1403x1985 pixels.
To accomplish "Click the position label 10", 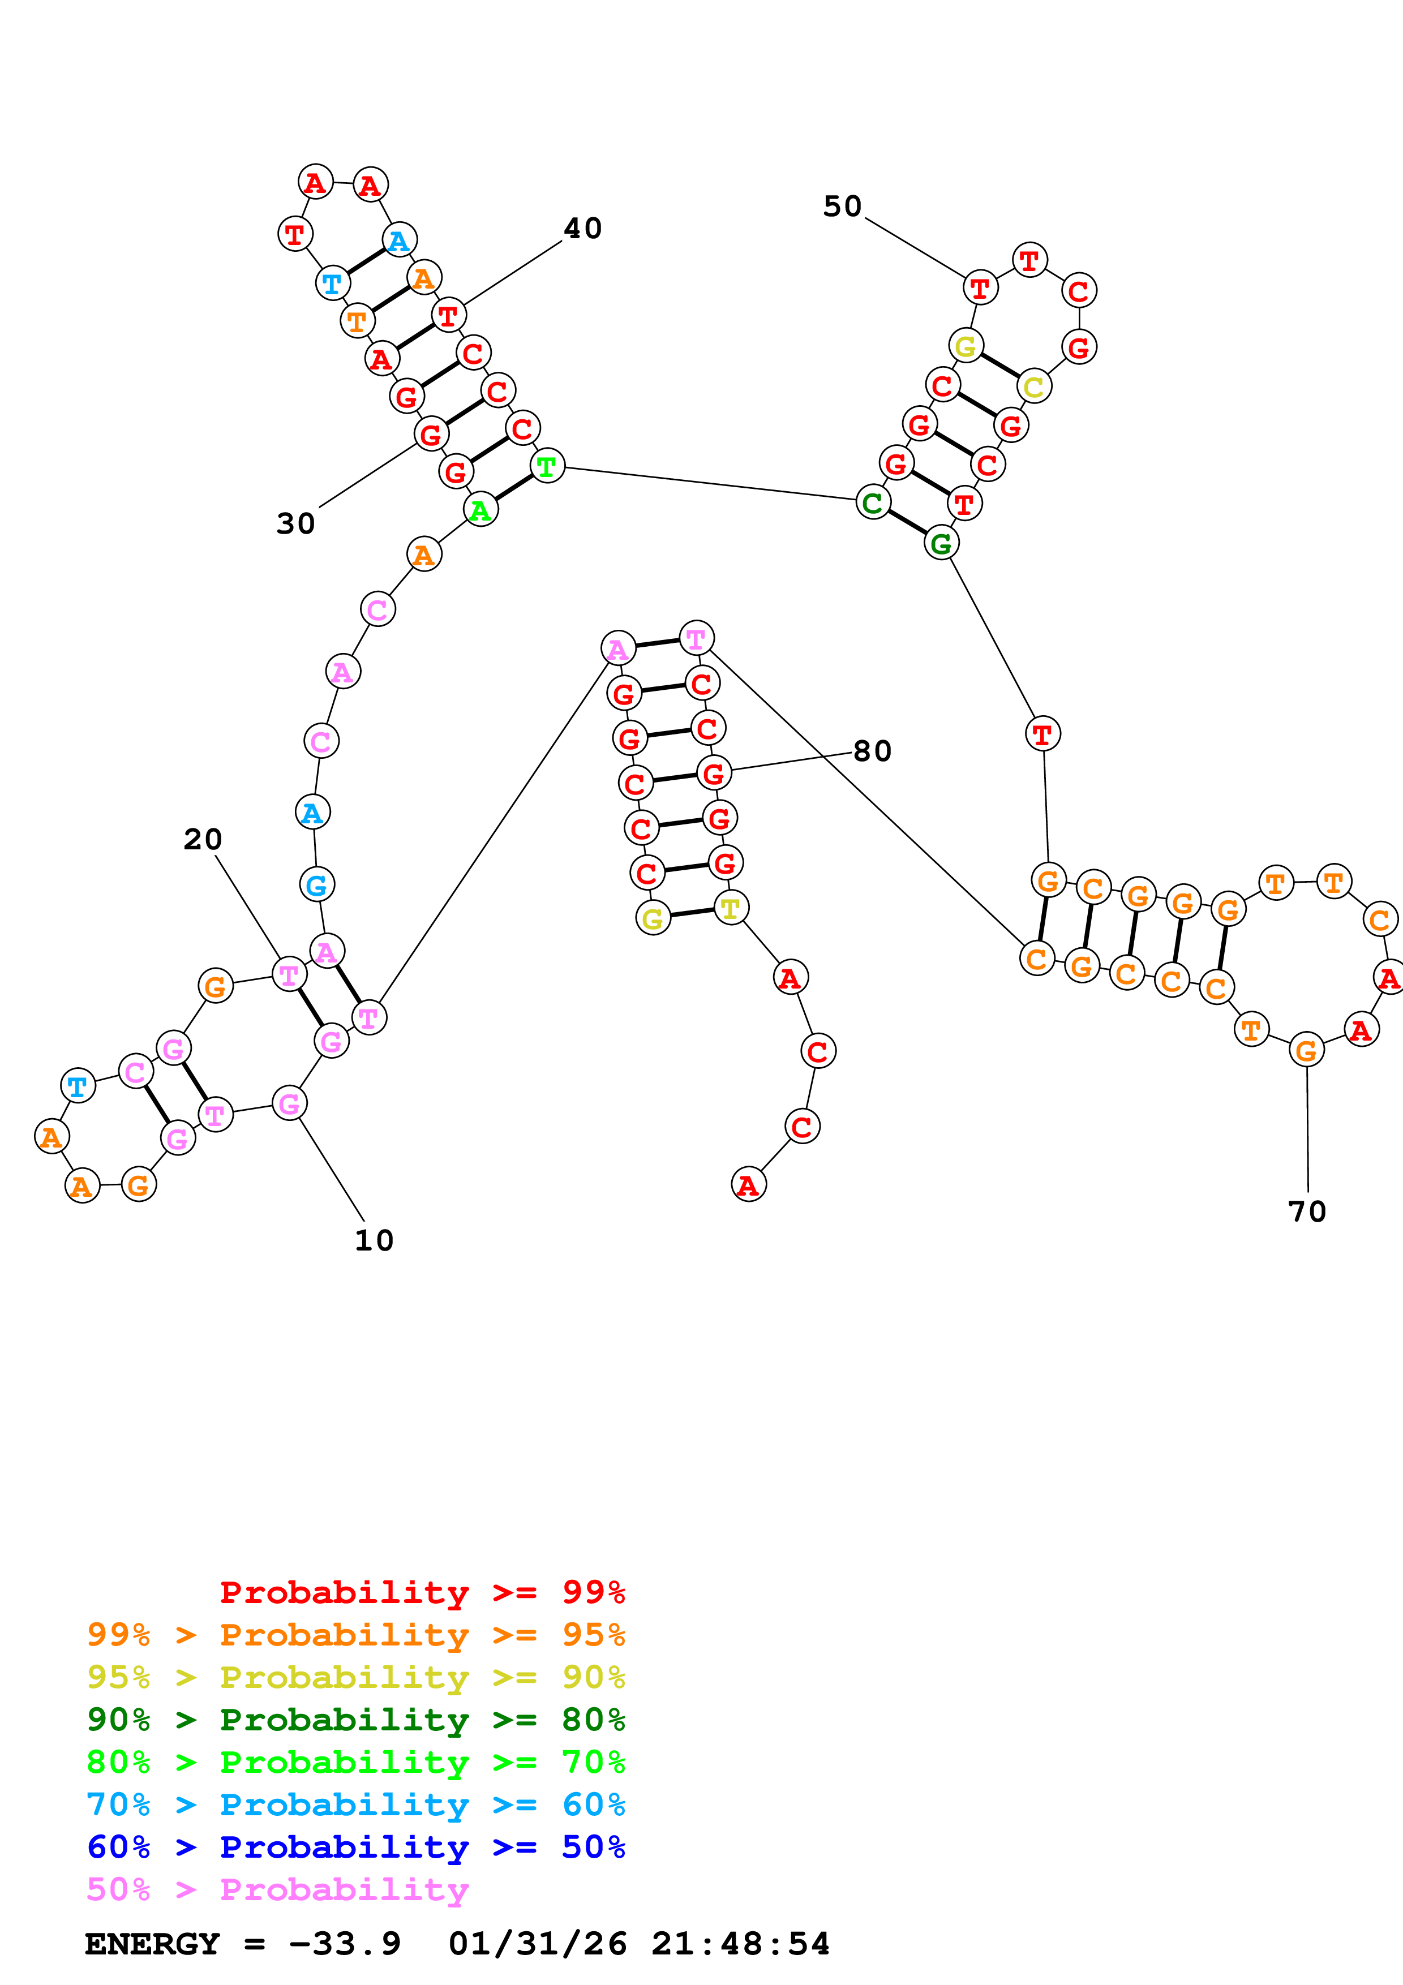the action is pos(374,1240).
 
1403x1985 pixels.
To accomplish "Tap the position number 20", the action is pos(202,840).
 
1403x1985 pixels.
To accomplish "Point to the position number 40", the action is pos(582,228).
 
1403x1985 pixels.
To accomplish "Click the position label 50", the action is pos(842,207).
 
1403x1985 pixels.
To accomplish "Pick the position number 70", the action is pos(1306,1212).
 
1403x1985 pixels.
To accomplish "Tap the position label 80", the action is pos(872,751).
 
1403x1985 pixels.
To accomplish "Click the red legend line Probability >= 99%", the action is pos(422,1592).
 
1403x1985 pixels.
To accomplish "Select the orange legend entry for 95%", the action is pos(355,1635).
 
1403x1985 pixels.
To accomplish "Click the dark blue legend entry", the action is pos(355,1847).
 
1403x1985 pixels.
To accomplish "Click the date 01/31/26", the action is pos(538,1944).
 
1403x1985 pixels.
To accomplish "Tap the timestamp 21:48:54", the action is pos(740,1944).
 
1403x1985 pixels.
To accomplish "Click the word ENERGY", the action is pos(152,1944).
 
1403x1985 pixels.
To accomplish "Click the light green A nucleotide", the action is pos(480,509).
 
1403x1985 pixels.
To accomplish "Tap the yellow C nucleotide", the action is pos(1034,386).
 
